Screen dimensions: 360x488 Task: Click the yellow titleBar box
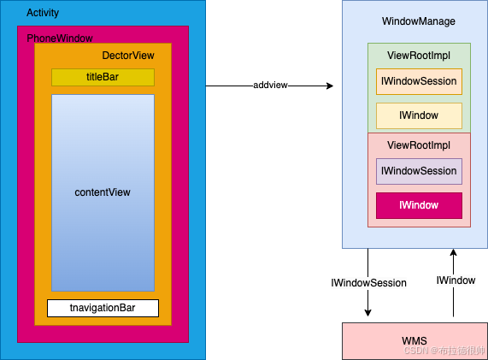(x=103, y=77)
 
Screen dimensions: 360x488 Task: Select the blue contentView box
(x=103, y=192)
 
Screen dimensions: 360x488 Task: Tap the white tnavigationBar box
(x=103, y=308)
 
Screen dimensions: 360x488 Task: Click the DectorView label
(x=128, y=56)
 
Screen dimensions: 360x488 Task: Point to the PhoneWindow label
(x=60, y=38)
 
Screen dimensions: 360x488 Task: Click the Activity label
(x=44, y=14)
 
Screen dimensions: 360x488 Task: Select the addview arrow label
(x=269, y=86)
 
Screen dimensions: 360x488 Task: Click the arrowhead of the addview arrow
(x=329, y=86)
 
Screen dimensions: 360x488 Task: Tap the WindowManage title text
(x=419, y=21)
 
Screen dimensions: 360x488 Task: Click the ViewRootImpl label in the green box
(x=419, y=55)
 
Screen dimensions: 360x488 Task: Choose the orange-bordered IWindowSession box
(x=419, y=81)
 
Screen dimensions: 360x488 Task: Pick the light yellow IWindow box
(x=419, y=115)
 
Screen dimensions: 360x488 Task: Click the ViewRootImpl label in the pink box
(x=419, y=145)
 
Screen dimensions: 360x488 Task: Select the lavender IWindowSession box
(x=419, y=171)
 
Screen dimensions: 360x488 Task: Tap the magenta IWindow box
(x=419, y=205)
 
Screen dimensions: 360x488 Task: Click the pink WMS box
(x=415, y=341)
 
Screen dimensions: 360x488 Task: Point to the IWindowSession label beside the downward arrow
(x=368, y=282)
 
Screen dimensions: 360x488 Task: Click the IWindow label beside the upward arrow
(x=456, y=280)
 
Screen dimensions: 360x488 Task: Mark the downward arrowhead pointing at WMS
(x=368, y=313)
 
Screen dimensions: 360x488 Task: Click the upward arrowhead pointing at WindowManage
(x=454, y=254)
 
